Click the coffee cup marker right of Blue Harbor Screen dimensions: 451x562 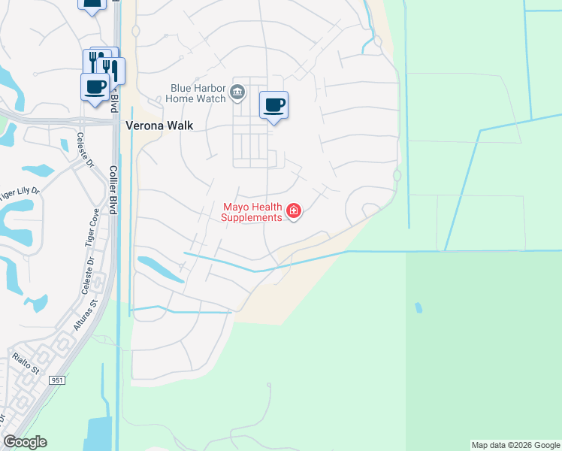click(273, 104)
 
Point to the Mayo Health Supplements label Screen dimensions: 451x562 click(252, 212)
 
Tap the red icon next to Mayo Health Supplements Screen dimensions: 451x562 click(294, 211)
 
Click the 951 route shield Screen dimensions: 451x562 click(58, 380)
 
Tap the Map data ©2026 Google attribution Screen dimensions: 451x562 click(515, 445)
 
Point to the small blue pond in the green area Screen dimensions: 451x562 click(418, 308)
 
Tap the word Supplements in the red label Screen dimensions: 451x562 click(251, 217)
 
